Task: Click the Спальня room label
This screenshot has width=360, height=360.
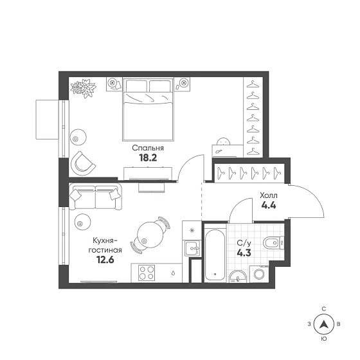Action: [x=148, y=148]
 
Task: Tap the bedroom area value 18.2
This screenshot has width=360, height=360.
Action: [x=148, y=157]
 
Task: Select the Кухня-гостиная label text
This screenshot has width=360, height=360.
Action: [x=105, y=245]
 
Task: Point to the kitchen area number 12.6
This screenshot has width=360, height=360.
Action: [x=105, y=260]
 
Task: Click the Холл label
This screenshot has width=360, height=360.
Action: [x=269, y=195]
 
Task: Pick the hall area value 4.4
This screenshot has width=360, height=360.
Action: [x=269, y=205]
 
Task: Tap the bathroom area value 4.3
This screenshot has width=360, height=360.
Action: [x=244, y=253]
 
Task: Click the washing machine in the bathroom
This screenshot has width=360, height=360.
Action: [x=259, y=274]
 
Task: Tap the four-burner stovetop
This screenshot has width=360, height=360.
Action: [x=147, y=273]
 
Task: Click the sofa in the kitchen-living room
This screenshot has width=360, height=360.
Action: [x=96, y=196]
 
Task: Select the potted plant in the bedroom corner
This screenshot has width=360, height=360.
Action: [x=83, y=88]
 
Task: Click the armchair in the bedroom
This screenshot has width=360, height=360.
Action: [x=83, y=163]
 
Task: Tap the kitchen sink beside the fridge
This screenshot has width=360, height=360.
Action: [x=192, y=248]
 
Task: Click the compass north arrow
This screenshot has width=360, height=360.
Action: [x=324, y=325]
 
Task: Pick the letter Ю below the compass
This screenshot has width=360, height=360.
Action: [x=324, y=339]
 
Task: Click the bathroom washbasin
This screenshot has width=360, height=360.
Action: [x=238, y=276]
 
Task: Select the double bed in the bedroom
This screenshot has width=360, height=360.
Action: [x=148, y=109]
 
